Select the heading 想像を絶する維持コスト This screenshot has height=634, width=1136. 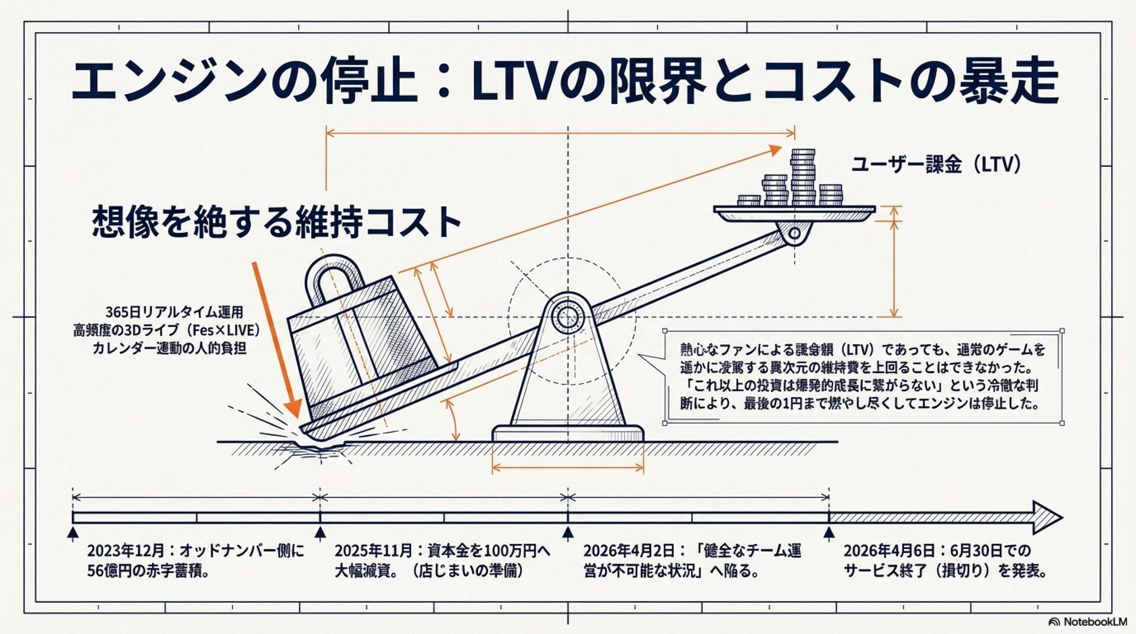point(276,222)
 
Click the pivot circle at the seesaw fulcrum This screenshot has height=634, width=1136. point(567,317)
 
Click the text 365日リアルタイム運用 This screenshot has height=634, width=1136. point(174,312)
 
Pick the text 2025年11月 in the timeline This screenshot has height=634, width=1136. point(373,551)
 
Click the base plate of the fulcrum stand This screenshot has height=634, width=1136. point(568,434)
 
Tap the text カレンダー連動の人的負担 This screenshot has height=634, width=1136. point(169,348)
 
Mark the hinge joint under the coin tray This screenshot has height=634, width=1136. point(794,233)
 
